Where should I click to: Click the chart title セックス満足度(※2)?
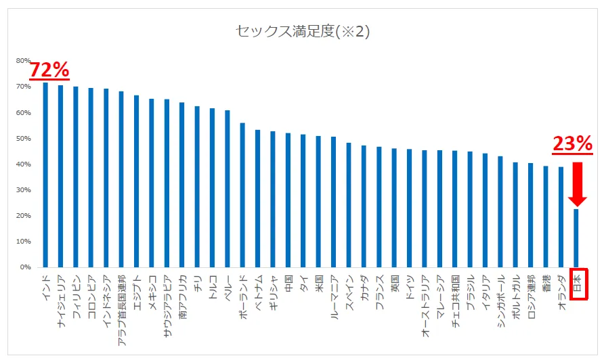tap(302, 31)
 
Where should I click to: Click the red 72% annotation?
tap(49, 69)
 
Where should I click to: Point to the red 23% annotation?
tap(573, 143)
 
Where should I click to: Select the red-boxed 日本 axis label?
tap(577, 284)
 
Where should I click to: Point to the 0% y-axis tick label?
tap(25, 267)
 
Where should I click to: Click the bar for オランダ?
tap(561, 217)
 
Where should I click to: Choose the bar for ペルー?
tap(228, 189)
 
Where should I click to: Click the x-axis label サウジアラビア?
tap(167, 298)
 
